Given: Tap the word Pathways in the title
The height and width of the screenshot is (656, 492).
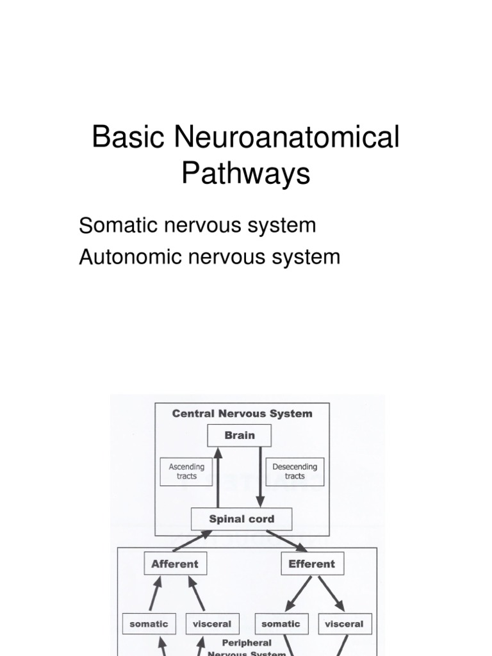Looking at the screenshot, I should (x=245, y=174).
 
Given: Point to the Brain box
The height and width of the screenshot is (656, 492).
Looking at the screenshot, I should (x=240, y=436).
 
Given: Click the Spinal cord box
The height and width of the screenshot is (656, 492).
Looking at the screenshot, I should (x=242, y=519).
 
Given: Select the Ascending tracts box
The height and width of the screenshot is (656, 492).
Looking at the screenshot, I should (x=186, y=471).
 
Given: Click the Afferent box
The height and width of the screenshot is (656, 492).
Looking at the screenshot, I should (x=175, y=564).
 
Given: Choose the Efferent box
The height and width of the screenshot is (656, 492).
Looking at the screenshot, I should (x=312, y=564).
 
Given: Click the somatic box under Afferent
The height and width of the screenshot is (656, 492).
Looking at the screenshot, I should (x=149, y=624).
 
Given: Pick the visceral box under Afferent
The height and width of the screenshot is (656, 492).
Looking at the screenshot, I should (x=212, y=624).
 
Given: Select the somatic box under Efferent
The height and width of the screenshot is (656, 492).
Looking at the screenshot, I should (x=281, y=624).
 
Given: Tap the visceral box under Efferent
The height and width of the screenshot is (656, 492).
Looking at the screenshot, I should (x=344, y=624).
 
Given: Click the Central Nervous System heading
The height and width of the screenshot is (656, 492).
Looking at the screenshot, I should (x=242, y=414).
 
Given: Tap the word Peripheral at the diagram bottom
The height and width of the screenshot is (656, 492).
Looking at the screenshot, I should (x=247, y=643).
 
